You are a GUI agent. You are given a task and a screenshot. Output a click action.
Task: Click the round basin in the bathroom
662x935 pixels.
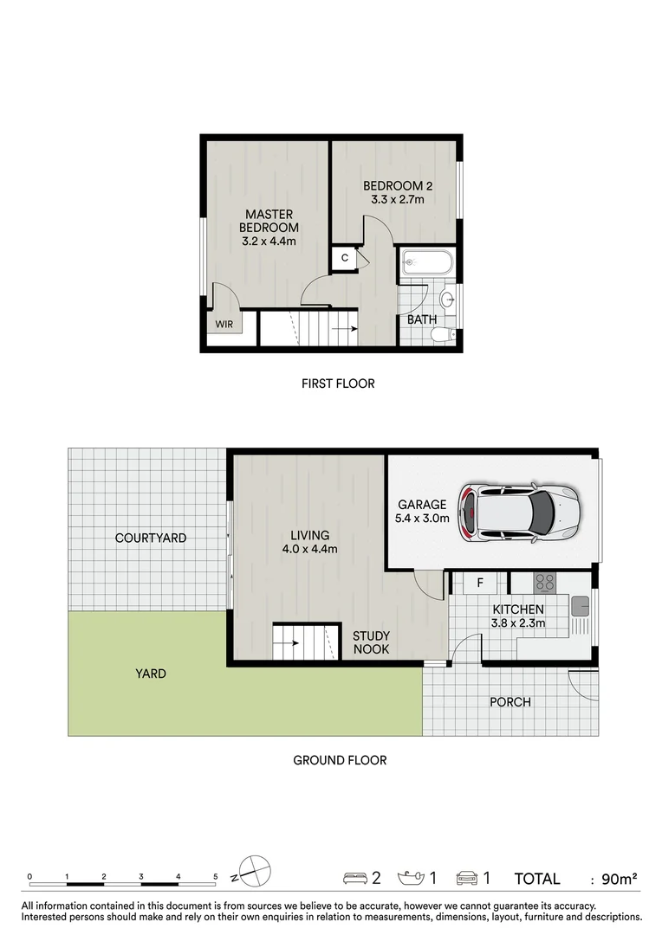[x=448, y=300]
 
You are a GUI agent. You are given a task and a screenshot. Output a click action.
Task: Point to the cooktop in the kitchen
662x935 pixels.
[x=543, y=582]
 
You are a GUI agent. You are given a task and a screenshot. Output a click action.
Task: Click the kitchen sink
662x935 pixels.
[x=580, y=604]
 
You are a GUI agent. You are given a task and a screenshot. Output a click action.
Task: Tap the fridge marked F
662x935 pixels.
[x=479, y=583]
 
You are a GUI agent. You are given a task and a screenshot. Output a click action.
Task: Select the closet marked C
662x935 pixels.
[x=344, y=258]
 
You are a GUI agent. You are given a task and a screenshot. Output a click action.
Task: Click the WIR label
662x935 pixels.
[x=224, y=326]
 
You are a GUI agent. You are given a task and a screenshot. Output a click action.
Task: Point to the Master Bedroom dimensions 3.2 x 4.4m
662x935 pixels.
[x=269, y=241]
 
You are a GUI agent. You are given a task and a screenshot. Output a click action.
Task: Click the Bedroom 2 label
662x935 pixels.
[x=398, y=185]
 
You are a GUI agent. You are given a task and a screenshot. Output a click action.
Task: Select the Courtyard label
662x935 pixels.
[x=151, y=538]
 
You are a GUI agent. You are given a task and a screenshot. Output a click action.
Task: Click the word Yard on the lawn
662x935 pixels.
[x=150, y=673]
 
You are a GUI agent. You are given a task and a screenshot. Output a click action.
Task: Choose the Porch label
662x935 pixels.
[x=510, y=701]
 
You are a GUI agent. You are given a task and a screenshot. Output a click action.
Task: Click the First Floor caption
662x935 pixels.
[x=338, y=383]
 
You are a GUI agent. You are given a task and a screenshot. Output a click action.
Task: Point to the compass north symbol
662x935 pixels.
[x=254, y=872]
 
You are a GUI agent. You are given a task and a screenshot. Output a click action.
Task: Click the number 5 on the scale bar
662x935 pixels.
[x=216, y=876]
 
